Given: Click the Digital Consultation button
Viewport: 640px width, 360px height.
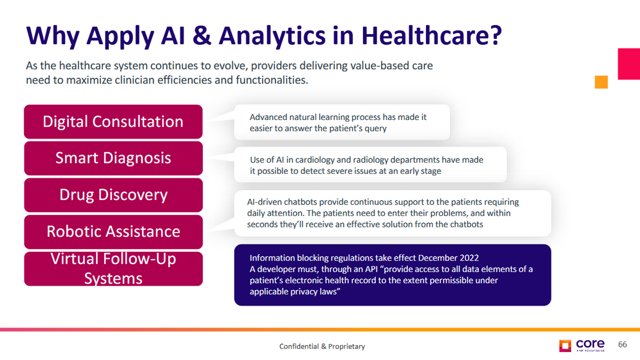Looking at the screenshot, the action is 113,121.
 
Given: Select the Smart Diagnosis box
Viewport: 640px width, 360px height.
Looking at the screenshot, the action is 113,158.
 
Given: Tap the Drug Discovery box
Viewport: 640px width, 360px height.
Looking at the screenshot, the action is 113,195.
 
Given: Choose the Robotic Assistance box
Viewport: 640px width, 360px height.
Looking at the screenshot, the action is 113,231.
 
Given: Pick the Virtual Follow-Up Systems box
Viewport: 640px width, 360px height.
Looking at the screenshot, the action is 113,268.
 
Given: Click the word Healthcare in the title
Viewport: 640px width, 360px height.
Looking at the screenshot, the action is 431,36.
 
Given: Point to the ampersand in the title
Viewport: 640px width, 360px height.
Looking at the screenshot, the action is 201,36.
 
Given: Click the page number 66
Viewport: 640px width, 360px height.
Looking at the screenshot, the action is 622,344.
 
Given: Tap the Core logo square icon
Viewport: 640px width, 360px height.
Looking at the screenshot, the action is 565,345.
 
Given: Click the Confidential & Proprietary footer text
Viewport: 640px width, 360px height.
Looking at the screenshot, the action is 322,346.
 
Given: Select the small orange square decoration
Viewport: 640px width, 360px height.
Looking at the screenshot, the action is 601,82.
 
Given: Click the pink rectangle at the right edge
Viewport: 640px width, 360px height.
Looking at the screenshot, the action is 629,63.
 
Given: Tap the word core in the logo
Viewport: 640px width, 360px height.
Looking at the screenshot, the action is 590,343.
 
